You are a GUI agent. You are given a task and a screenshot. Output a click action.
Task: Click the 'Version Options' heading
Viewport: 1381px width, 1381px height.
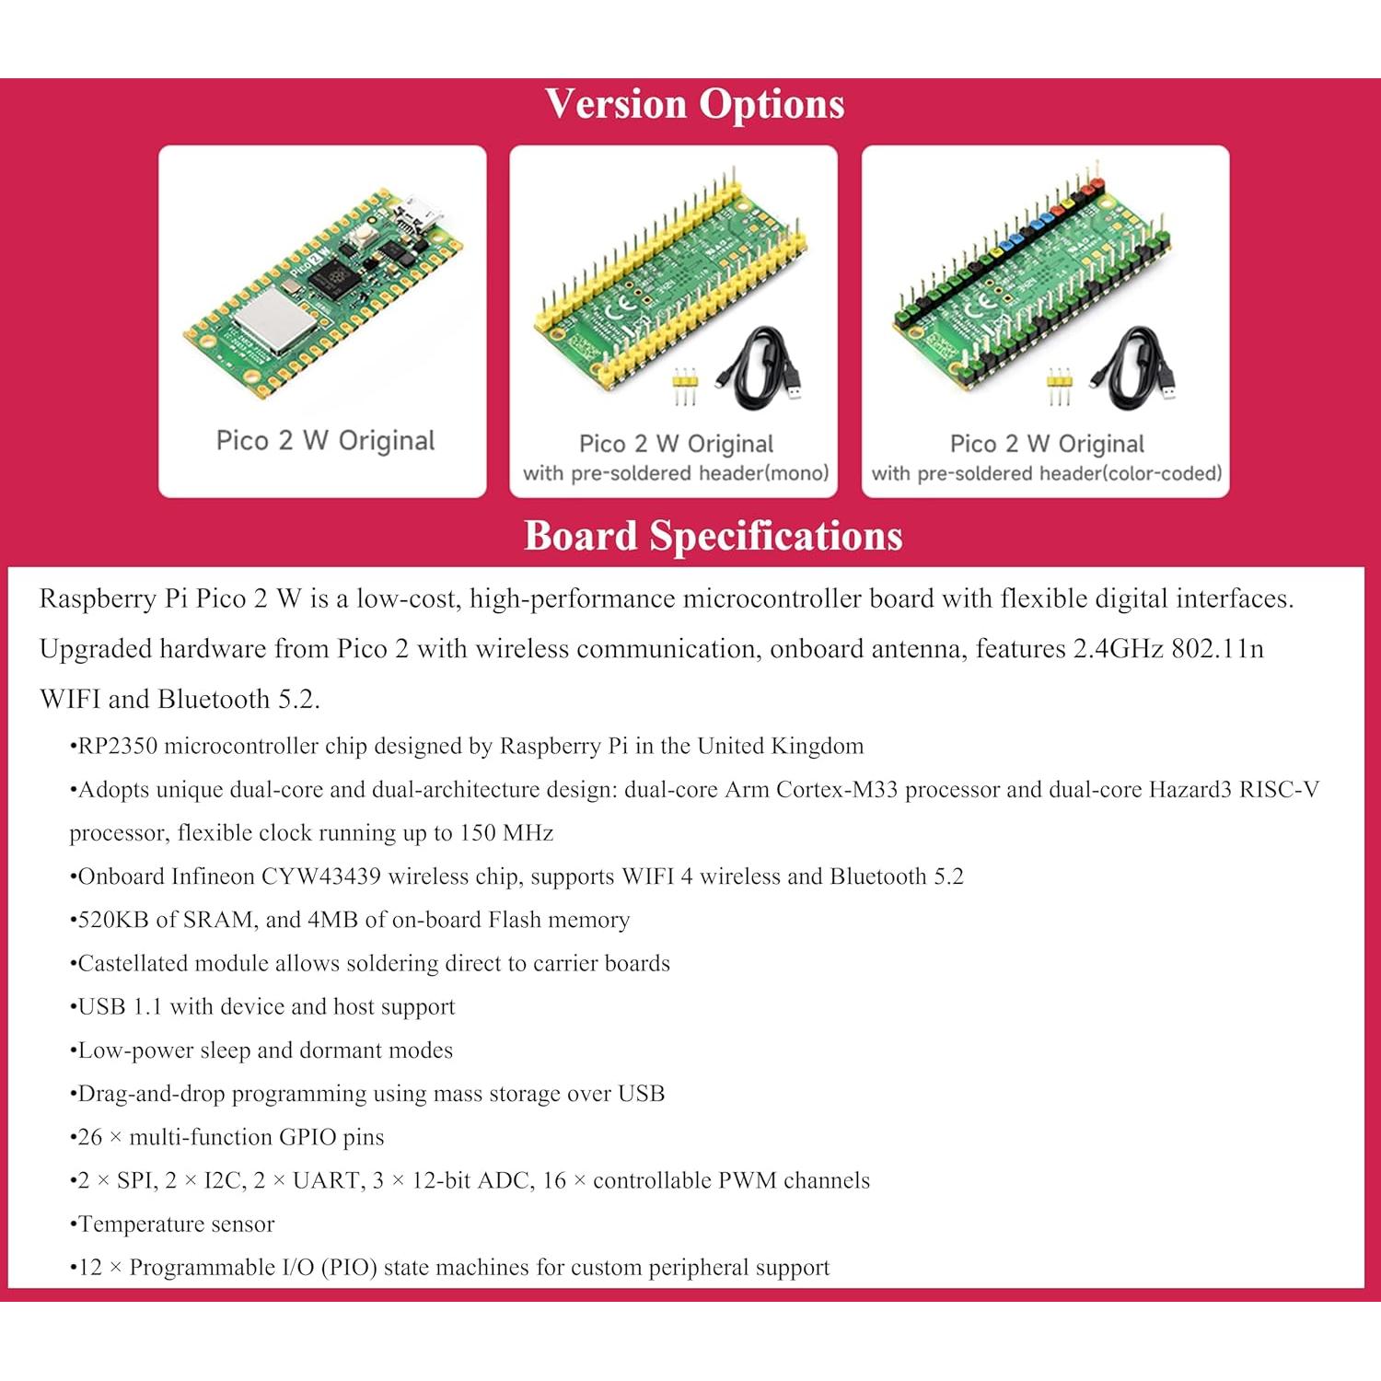[x=694, y=104]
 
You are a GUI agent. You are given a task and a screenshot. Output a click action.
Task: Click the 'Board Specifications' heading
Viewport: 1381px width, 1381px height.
[x=713, y=536]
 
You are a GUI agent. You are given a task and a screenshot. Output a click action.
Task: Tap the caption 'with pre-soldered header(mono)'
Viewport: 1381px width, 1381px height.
[x=676, y=473]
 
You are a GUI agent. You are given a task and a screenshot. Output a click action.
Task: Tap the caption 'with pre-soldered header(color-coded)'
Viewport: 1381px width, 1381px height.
[x=1047, y=473]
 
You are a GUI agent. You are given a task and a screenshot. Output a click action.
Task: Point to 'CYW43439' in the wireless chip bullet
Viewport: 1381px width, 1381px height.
[x=320, y=876]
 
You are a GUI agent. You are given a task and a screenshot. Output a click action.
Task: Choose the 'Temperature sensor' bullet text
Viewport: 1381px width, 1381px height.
[x=176, y=1224]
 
